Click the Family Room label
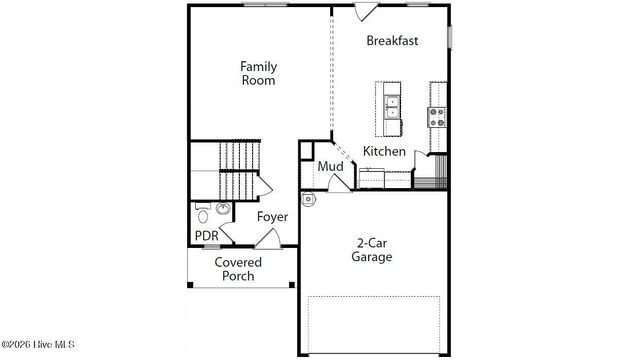258,73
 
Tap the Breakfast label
392,41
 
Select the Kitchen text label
384,151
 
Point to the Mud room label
331,167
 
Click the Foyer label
272,216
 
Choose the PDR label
206,236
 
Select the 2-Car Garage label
371,249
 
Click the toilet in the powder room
203,213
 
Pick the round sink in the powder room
222,209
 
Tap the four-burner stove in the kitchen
438,114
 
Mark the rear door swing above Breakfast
366,11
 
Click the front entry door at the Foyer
267,238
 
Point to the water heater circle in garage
309,199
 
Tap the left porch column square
189,286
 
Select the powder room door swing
227,233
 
